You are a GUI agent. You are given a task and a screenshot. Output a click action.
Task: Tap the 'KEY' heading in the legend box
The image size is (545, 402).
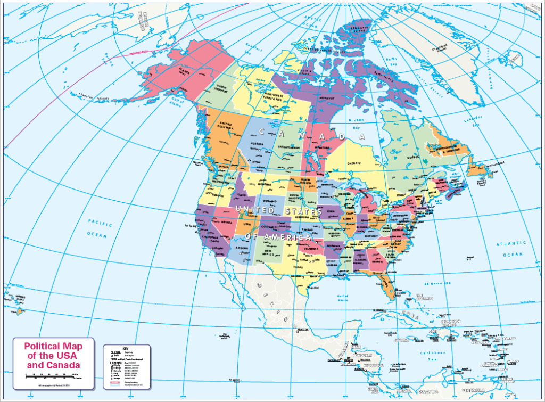tap(126, 348)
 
